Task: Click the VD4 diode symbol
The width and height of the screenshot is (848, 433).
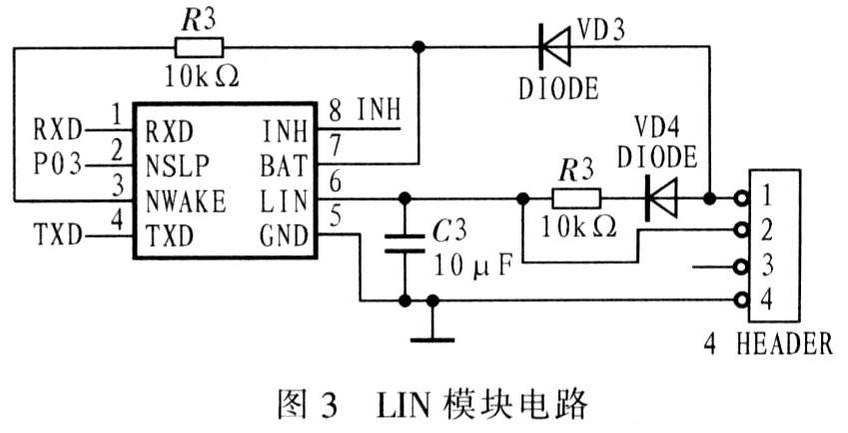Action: coord(659,197)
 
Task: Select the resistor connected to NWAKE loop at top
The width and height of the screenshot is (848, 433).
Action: coord(198,45)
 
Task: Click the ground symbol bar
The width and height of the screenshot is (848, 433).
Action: coord(431,337)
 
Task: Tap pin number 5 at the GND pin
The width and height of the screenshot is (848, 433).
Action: coord(335,214)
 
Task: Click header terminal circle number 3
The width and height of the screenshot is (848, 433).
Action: coord(740,267)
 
